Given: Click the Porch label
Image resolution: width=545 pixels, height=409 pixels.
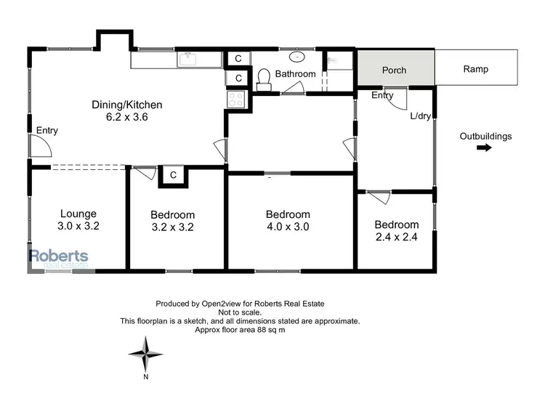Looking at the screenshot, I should pyautogui.click(x=393, y=70).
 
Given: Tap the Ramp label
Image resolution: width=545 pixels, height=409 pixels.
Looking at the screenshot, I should pyautogui.click(x=476, y=70).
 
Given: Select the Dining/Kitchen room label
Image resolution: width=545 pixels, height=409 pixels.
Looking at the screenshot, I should pyautogui.click(x=126, y=105).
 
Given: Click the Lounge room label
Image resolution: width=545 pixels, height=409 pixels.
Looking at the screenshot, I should pyautogui.click(x=78, y=214).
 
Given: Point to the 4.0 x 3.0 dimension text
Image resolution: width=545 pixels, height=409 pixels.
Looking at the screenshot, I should pyautogui.click(x=288, y=227).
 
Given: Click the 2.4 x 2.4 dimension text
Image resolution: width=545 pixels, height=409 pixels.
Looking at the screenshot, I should pyautogui.click(x=396, y=236).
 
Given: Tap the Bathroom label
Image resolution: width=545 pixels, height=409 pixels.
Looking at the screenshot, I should pyautogui.click(x=295, y=74).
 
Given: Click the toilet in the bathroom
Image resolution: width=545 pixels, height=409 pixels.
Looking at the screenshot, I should pyautogui.click(x=265, y=78).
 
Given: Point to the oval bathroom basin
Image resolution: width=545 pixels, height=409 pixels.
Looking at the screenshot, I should pyautogui.click(x=297, y=57).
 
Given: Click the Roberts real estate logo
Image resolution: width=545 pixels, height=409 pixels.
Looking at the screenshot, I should pyautogui.click(x=58, y=258).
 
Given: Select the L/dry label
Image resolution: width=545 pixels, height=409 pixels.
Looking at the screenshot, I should pyautogui.click(x=420, y=116).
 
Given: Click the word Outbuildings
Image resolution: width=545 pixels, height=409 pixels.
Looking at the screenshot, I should pyautogui.click(x=486, y=136).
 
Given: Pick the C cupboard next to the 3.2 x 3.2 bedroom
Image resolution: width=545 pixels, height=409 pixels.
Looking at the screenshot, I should pyautogui.click(x=173, y=174).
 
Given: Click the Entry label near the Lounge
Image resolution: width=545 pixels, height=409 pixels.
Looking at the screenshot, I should pyautogui.click(x=47, y=131).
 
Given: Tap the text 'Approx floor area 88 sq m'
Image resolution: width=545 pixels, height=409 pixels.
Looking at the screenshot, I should pyautogui.click(x=240, y=329).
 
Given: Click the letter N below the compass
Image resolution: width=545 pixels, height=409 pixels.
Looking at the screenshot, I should pyautogui.click(x=145, y=377).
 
